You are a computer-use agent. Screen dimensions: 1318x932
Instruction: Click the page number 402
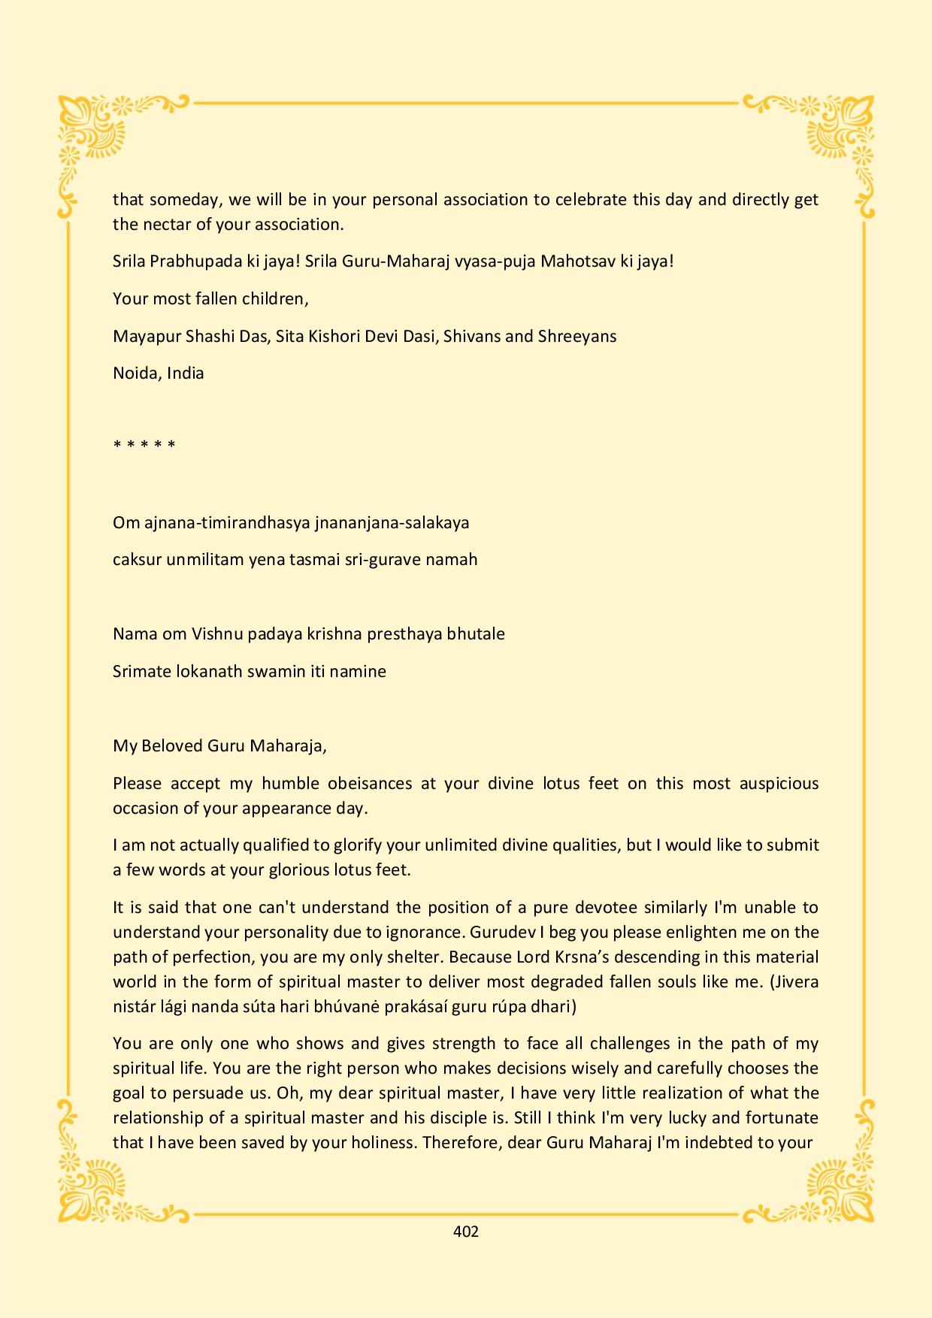click(466, 1232)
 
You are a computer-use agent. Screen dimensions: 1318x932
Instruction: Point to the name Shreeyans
click(577, 336)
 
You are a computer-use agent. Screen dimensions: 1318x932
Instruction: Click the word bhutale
click(476, 633)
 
